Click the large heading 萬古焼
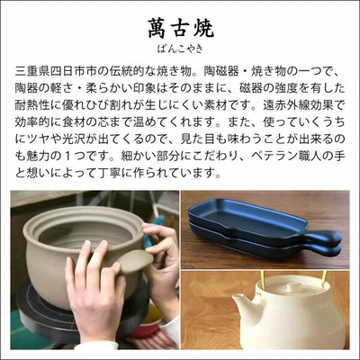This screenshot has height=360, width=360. (x=180, y=29)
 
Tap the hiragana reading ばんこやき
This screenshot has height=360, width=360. (x=180, y=49)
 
